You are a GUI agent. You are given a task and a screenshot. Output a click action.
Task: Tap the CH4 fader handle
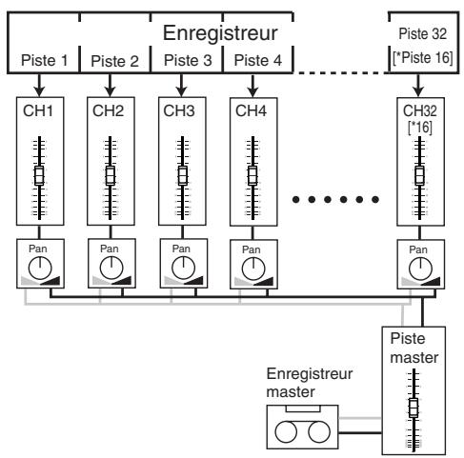(252, 177)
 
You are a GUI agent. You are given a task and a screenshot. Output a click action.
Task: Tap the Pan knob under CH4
(252, 266)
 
